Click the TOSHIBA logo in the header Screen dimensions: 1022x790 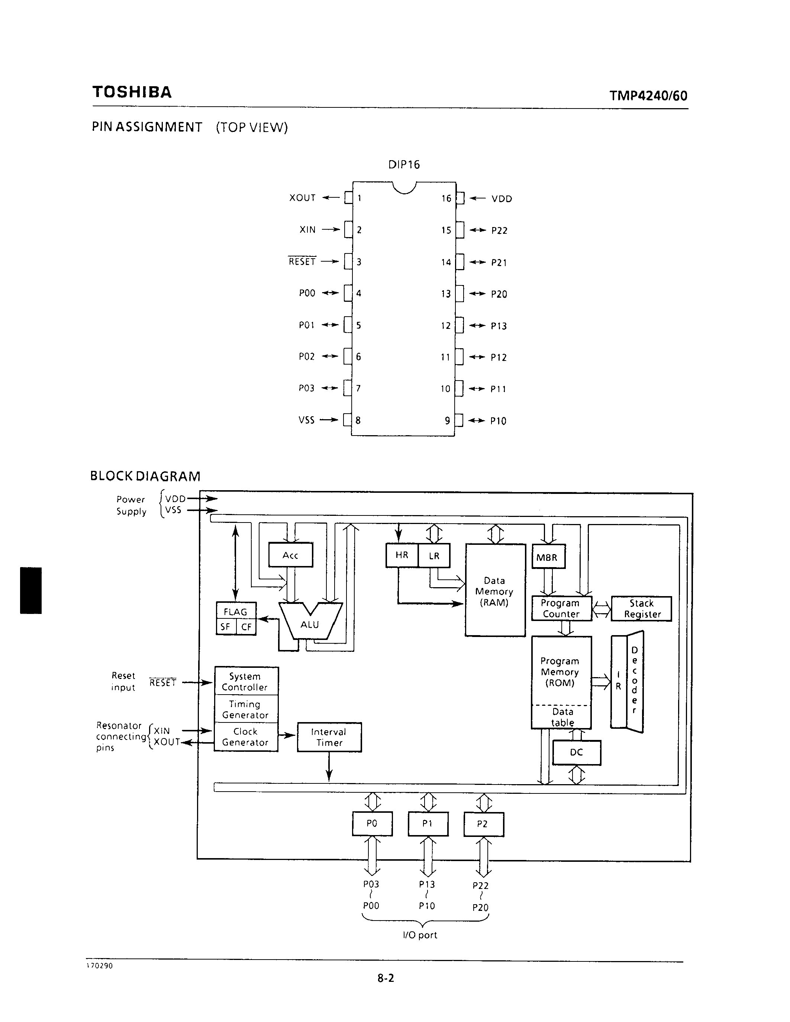(x=132, y=92)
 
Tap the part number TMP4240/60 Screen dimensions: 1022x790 (x=648, y=96)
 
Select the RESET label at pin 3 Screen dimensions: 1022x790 (x=302, y=262)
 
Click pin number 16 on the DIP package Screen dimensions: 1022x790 (x=446, y=198)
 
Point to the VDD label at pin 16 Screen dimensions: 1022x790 (x=502, y=199)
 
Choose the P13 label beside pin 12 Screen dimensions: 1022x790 (x=499, y=326)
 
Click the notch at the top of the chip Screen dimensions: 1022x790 (x=404, y=188)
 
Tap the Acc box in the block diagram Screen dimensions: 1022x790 (x=291, y=555)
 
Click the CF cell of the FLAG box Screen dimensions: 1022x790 (x=246, y=627)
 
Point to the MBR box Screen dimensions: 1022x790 (x=548, y=557)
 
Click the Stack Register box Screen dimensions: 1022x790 (x=642, y=609)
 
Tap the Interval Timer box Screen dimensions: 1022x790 (x=329, y=737)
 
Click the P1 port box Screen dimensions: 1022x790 (x=428, y=824)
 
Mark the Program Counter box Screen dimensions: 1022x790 (x=561, y=608)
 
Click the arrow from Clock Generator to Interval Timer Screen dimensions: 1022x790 (x=288, y=735)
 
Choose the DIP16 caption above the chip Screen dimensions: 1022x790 (x=404, y=165)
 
